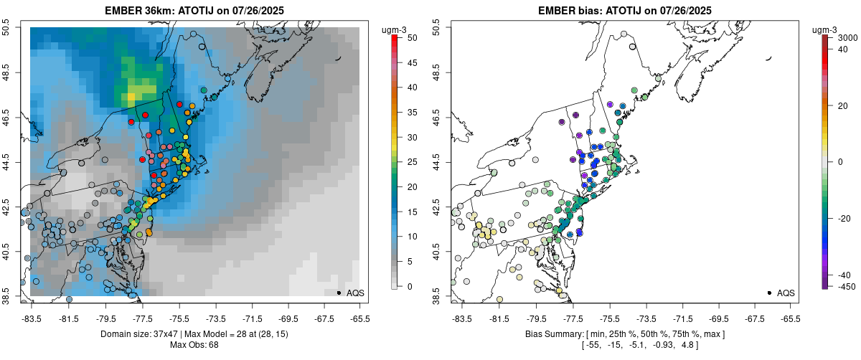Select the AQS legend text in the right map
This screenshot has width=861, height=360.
(786, 293)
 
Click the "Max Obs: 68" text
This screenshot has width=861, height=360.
(194, 345)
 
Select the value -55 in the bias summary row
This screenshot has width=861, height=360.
(593, 345)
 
